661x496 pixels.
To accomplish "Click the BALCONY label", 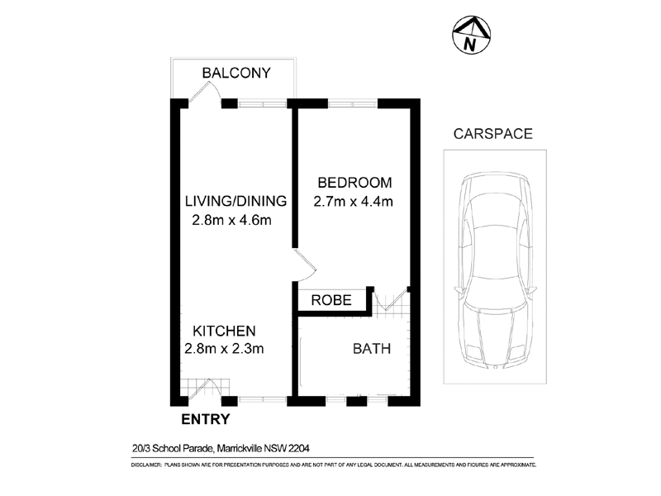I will (x=236, y=73).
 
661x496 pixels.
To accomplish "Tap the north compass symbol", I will (x=471, y=36).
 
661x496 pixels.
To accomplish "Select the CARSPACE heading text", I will (x=492, y=133).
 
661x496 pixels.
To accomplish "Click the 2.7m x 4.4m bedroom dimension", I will (x=353, y=201).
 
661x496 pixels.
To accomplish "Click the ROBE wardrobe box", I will (x=332, y=301).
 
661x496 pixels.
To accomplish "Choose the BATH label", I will (x=371, y=349).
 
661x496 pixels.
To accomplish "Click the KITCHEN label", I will (x=220, y=330).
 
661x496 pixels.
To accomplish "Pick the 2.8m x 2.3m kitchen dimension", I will (x=224, y=349).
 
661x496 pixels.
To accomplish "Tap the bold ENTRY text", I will (x=205, y=420).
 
